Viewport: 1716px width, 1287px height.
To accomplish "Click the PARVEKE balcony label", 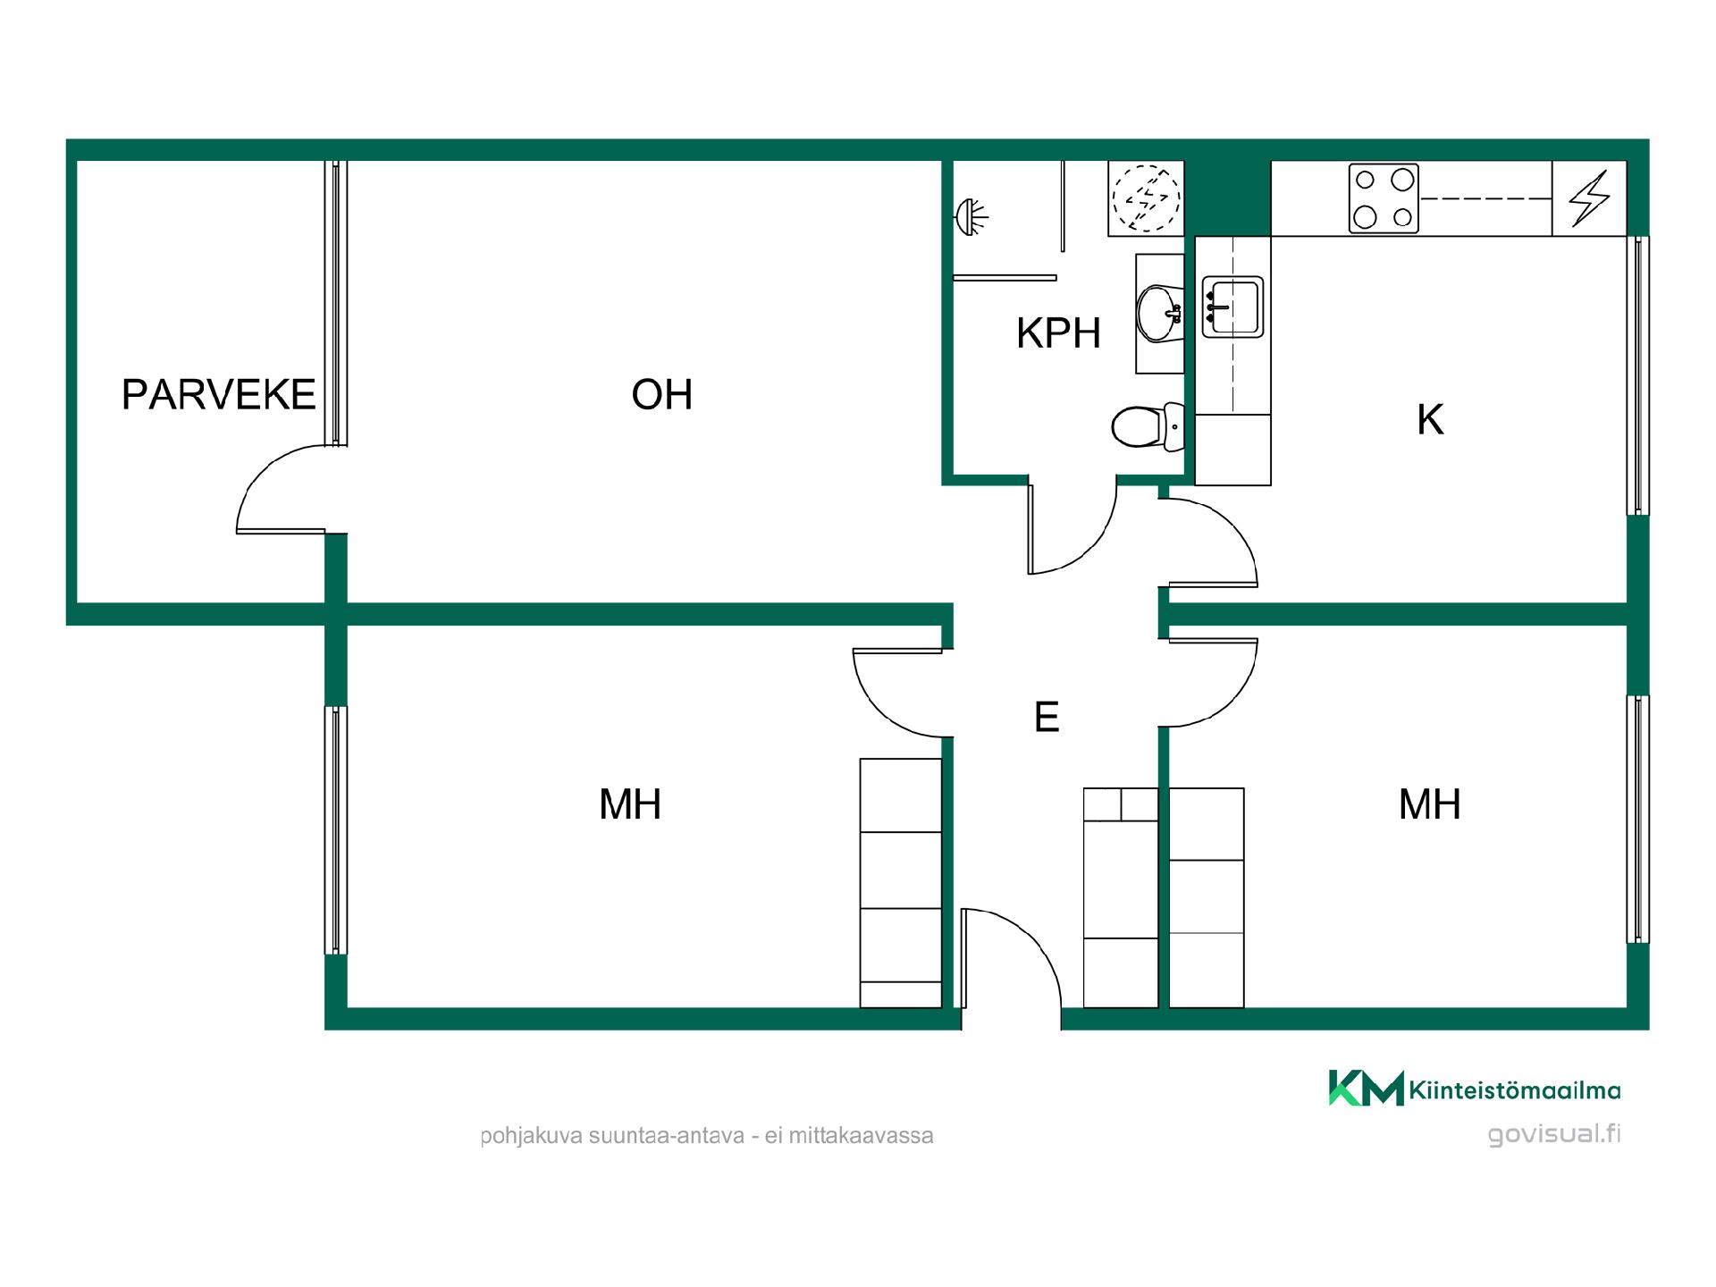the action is tap(219, 394).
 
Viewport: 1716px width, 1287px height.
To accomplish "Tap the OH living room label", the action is tap(662, 394).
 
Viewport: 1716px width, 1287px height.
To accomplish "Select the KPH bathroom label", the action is tap(1058, 333).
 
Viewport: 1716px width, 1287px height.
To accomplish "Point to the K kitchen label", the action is tap(1430, 420).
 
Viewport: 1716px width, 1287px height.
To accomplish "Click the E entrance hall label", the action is tap(1047, 717).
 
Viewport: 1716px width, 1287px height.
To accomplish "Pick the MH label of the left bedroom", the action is tap(630, 804).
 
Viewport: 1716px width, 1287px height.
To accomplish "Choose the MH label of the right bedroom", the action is tap(1430, 804).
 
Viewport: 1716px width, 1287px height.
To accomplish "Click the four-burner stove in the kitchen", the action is tap(1384, 198).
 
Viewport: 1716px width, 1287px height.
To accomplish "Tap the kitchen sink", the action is tap(1232, 307).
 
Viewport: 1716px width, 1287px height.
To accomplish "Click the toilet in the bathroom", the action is tap(1148, 427).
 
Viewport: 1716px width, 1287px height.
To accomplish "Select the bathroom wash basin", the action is tap(1159, 313).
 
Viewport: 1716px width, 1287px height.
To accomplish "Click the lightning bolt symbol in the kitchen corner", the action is tap(1589, 198).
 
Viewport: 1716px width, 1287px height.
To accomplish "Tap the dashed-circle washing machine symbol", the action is tap(1146, 198).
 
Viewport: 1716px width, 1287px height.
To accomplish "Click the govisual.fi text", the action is tap(1554, 1134).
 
